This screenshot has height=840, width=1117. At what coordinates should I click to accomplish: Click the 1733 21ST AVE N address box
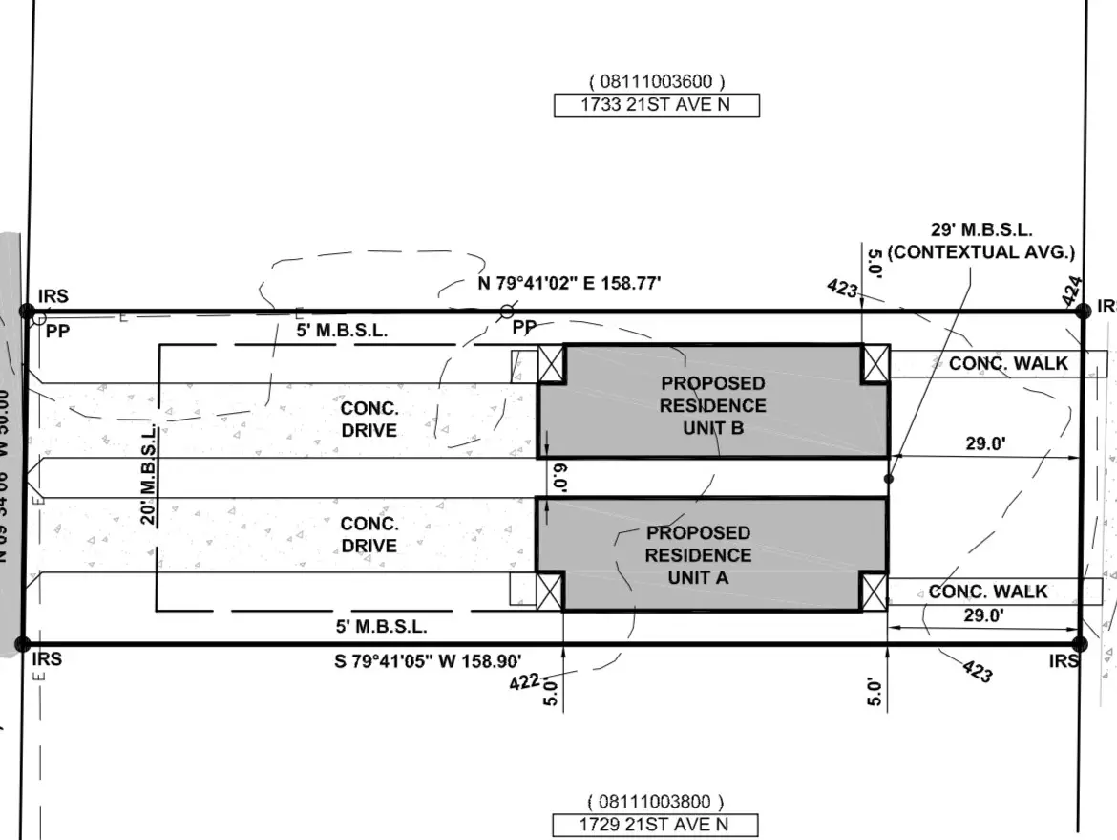point(656,105)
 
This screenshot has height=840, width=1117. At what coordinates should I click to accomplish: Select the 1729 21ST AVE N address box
point(655,825)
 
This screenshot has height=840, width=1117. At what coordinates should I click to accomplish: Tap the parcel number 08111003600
point(656,82)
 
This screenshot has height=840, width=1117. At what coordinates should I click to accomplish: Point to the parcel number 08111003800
point(656,802)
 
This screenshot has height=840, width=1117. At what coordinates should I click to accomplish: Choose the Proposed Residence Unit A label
point(699,555)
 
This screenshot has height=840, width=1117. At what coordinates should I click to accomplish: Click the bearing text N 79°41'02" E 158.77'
point(569,283)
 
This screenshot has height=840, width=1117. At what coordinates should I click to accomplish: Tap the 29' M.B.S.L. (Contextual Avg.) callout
point(980,241)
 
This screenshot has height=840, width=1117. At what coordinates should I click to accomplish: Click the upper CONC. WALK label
point(1008,363)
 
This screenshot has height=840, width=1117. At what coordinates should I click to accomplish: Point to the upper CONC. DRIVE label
point(369,419)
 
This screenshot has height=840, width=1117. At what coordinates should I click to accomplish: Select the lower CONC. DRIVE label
point(369,535)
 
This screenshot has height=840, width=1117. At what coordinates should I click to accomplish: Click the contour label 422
point(524,681)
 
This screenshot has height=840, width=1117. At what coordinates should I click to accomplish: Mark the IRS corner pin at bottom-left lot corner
point(26,643)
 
